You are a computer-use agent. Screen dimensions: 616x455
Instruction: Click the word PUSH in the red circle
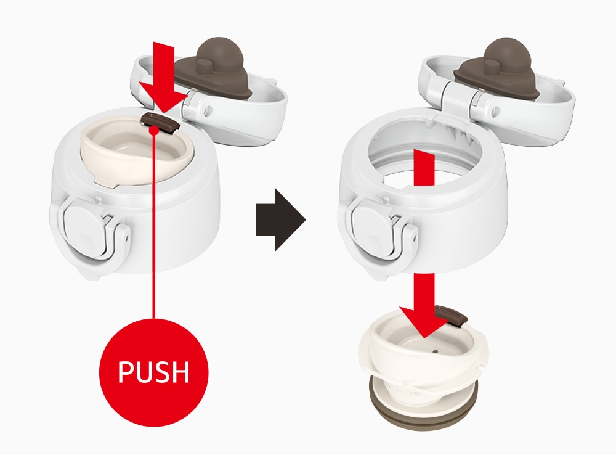(153, 371)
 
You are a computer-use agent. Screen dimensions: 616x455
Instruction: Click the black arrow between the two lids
(281, 219)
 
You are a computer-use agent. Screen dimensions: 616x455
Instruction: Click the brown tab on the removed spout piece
(452, 315)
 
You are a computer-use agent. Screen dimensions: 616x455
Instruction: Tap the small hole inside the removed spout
(435, 350)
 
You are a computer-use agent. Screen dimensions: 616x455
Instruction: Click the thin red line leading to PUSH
(154, 224)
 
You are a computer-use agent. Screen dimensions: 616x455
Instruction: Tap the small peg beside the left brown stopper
(203, 65)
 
